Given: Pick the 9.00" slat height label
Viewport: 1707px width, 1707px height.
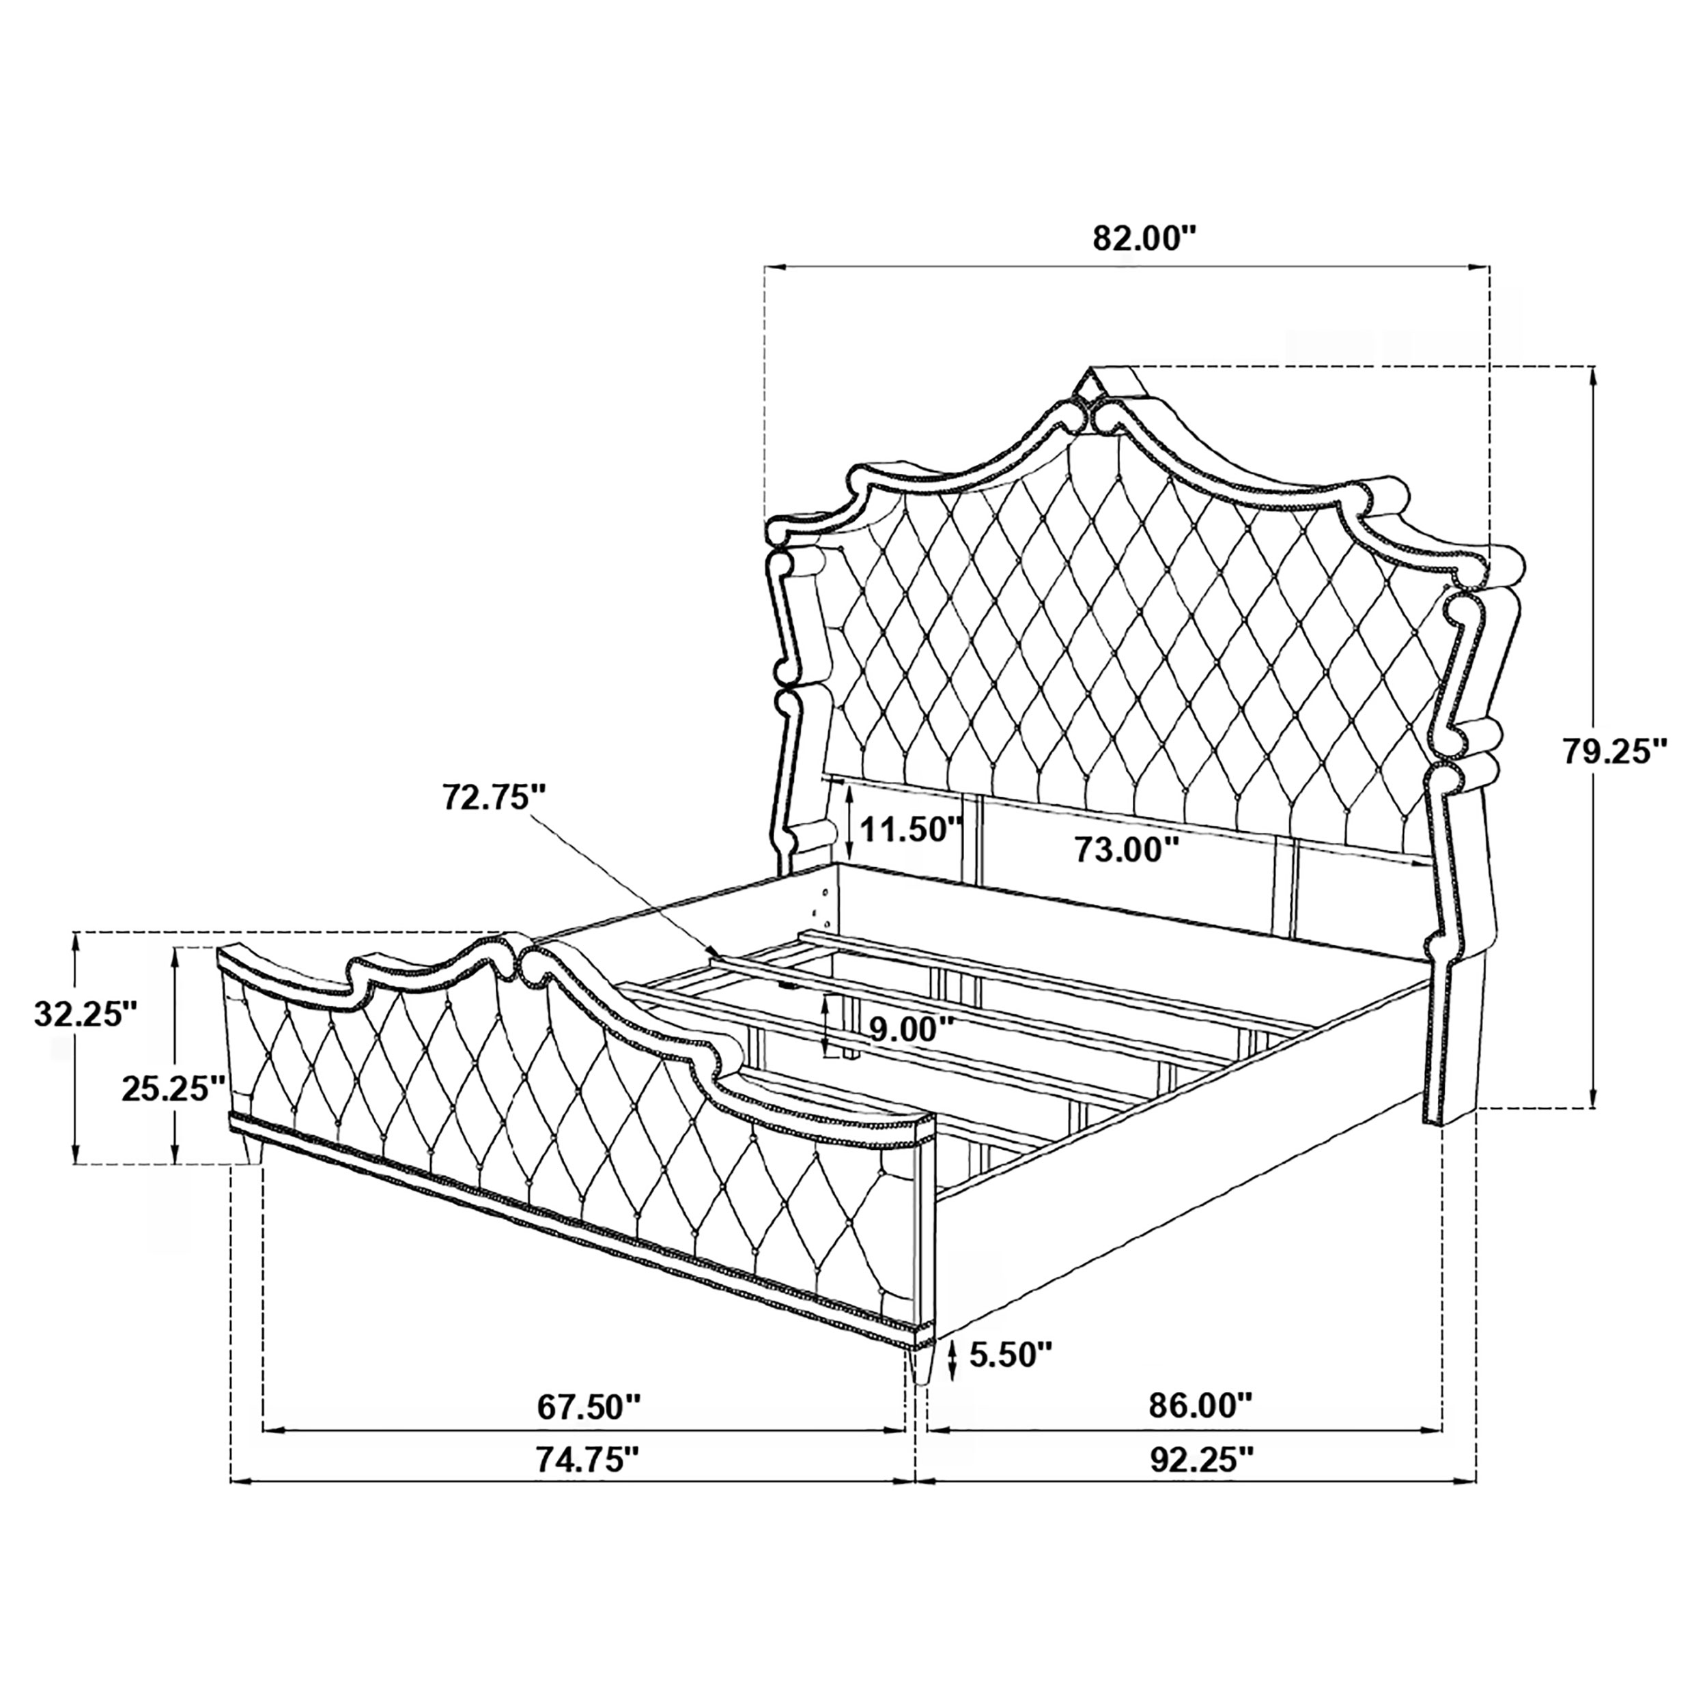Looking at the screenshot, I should click(x=911, y=1030).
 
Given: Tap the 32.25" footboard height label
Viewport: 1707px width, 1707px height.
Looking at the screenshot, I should click(x=86, y=1013).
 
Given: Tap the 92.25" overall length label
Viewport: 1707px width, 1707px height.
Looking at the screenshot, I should click(x=1202, y=1484).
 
